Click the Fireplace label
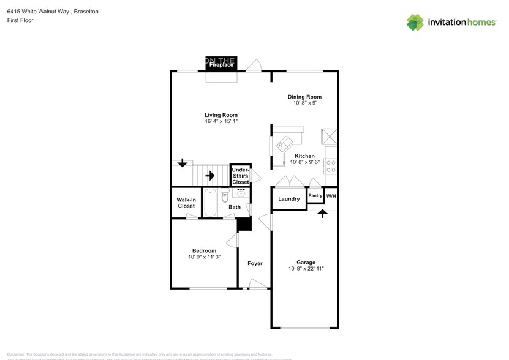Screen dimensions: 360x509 pyautogui.click(x=221, y=64)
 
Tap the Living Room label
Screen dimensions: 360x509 pyautogui.click(x=221, y=115)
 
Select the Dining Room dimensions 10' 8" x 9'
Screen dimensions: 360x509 pyautogui.click(x=304, y=103)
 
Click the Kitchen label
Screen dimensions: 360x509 pyautogui.click(x=304, y=156)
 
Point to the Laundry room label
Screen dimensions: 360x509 pyautogui.click(x=288, y=199)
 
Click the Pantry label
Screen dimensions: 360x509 pyautogui.click(x=315, y=196)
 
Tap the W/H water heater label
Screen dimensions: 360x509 pyautogui.click(x=331, y=196)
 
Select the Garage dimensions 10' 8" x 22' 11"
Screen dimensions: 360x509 pyautogui.click(x=306, y=269)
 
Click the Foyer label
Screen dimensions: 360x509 pyautogui.click(x=255, y=264)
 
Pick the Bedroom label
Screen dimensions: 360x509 pyautogui.click(x=204, y=250)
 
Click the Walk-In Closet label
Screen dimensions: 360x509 pyautogui.click(x=186, y=203)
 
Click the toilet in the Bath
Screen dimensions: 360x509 pyautogui.click(x=224, y=195)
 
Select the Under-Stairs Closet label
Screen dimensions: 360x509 pyautogui.click(x=240, y=176)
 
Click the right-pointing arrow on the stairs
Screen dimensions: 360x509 pyautogui.click(x=209, y=176)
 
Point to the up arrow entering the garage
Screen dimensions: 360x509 pyautogui.click(x=322, y=214)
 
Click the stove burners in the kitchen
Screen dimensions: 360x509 pyautogui.click(x=331, y=165)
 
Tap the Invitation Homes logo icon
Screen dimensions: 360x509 pyautogui.click(x=415, y=23)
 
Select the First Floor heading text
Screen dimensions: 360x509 pyautogui.click(x=21, y=21)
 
